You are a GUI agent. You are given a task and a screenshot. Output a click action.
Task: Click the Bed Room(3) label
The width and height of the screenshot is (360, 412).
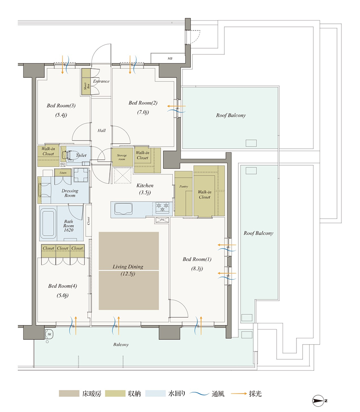61,105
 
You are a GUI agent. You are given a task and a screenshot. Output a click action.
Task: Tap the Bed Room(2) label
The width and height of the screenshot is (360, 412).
143,103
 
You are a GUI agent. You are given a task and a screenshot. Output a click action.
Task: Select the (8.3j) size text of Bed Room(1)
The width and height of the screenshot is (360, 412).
197,269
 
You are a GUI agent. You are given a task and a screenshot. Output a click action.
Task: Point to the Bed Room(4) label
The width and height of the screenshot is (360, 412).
63,286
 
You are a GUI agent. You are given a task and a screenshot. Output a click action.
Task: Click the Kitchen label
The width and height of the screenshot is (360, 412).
145,185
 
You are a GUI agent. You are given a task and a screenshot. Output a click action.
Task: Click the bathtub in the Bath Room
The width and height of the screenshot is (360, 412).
48,223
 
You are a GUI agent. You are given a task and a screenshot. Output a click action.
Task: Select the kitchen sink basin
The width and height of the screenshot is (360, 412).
123,209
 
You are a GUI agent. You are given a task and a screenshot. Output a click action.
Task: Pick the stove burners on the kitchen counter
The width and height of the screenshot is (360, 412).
162,207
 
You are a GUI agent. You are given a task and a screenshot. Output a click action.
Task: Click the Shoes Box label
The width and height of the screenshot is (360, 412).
87,86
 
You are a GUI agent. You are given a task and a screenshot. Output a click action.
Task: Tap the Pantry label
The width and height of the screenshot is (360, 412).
184,186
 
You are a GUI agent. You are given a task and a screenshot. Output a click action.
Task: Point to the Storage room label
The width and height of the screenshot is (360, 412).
122,157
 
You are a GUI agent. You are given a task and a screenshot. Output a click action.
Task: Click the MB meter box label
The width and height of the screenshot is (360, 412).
170,59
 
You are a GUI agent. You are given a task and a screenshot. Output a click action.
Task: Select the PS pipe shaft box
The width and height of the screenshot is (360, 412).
162,220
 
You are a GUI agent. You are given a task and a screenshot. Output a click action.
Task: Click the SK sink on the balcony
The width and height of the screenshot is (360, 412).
49,334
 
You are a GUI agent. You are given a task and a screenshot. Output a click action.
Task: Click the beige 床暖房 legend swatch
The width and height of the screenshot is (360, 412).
69,393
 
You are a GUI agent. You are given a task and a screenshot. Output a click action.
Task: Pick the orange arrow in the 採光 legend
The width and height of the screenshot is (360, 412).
239,393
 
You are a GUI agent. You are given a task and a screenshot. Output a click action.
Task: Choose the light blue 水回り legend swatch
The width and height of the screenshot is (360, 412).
155,393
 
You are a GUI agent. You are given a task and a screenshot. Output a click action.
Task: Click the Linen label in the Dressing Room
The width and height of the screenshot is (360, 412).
63,173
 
